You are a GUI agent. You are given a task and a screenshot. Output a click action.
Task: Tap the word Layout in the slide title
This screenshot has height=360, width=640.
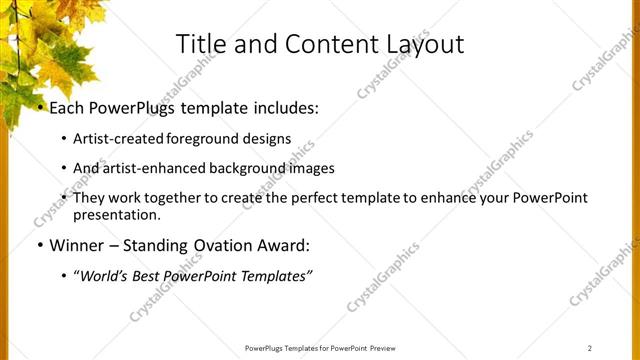point(425,45)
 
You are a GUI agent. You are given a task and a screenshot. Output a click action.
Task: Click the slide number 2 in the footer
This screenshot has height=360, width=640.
point(590,347)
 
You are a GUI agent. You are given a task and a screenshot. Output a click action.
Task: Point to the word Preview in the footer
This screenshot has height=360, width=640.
point(387,347)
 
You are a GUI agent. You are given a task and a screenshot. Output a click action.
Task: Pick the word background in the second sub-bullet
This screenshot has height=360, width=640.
point(246,168)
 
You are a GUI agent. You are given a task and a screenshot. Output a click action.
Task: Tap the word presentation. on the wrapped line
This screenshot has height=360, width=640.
point(116,214)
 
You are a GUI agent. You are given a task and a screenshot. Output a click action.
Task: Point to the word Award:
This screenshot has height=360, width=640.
point(282,245)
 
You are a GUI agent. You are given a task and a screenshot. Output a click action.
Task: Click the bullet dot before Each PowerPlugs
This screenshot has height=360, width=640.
point(40,107)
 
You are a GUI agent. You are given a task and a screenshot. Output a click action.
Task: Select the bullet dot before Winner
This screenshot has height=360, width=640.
point(40,245)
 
